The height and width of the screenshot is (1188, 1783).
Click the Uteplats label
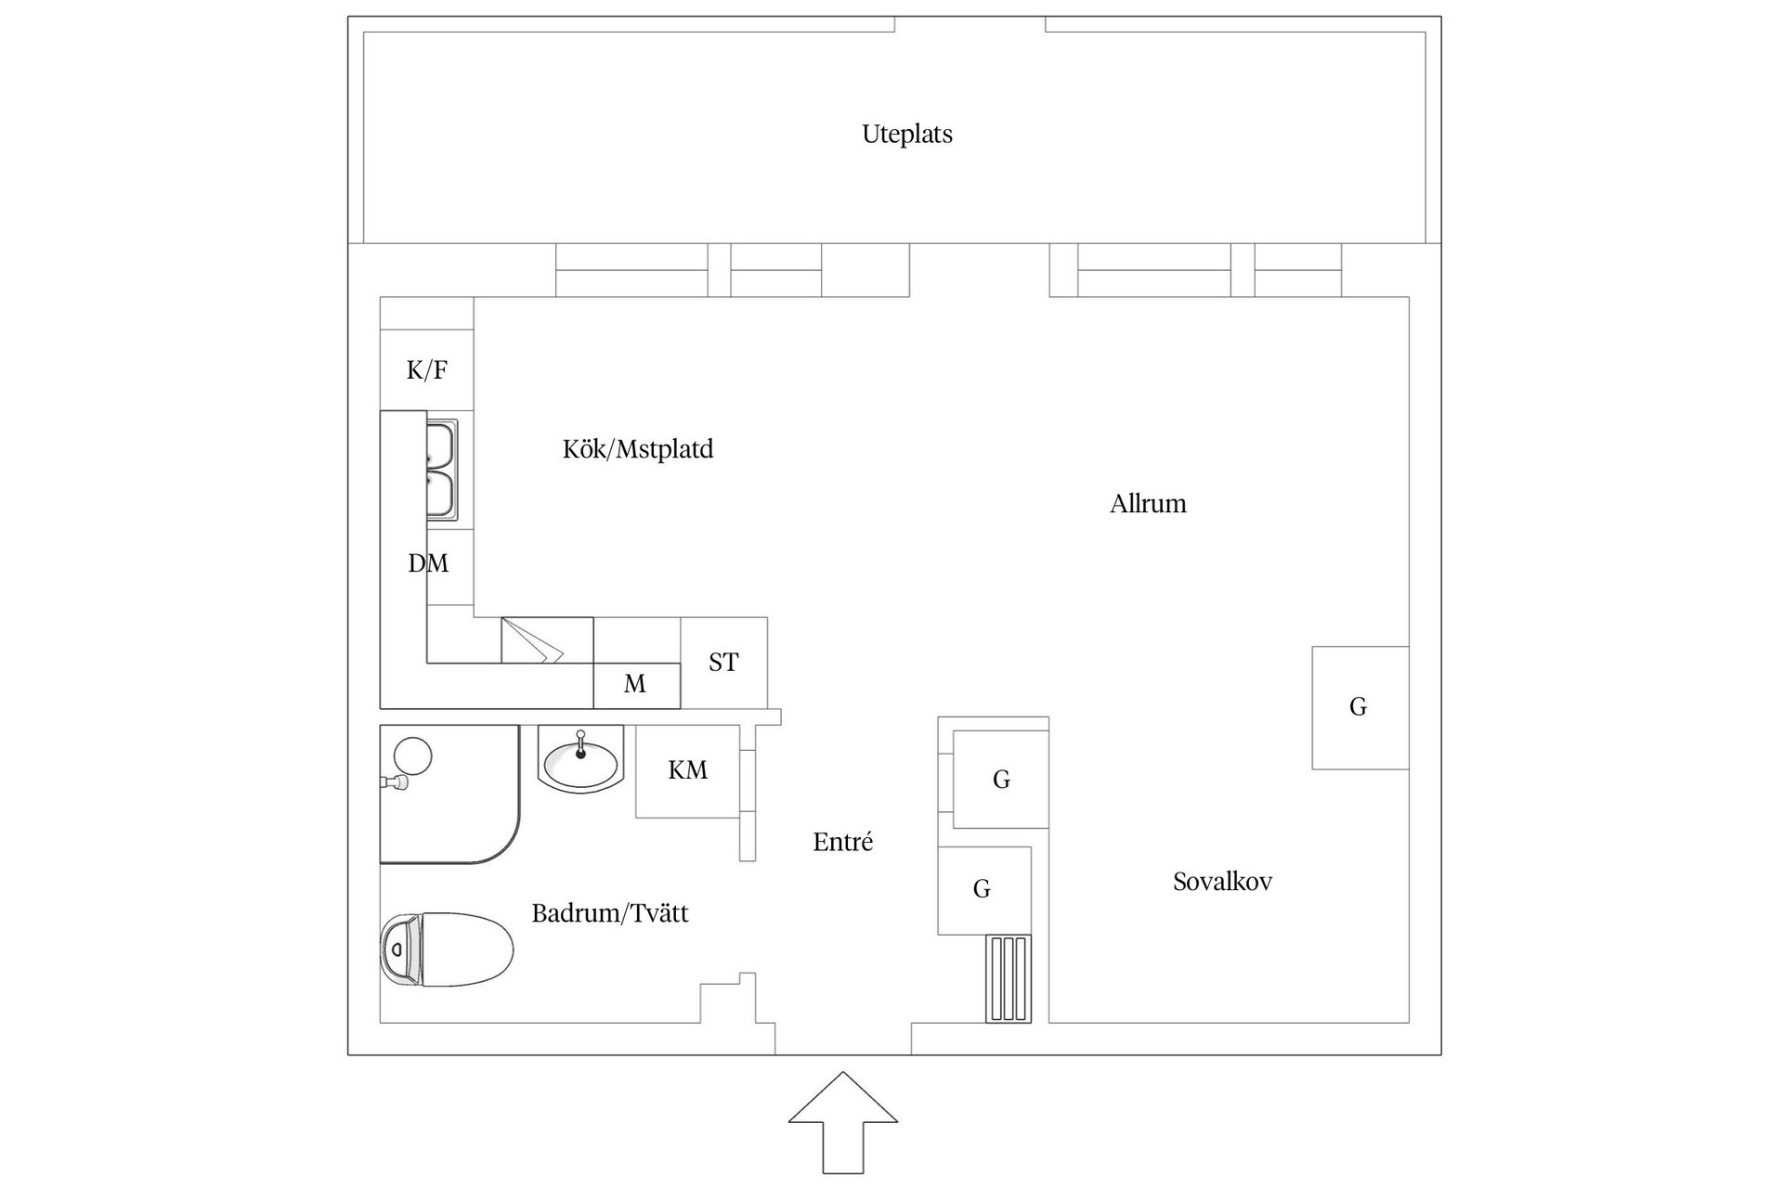[906, 135]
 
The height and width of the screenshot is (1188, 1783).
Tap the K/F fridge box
[427, 370]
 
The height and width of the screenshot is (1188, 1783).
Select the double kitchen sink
[441, 470]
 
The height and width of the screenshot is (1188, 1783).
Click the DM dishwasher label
[428, 563]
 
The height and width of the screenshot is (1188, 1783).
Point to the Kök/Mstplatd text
[638, 449]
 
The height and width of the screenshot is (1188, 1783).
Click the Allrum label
[1148, 504]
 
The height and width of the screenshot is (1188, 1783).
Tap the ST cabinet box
[724, 662]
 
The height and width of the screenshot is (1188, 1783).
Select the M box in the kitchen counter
[636, 685]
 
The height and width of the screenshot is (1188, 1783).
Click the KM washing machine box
[687, 770]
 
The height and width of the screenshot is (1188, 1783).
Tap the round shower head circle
[412, 755]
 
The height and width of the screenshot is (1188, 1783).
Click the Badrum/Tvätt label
[609, 913]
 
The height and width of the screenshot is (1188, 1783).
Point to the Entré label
[842, 842]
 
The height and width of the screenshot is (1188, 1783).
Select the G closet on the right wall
[1360, 707]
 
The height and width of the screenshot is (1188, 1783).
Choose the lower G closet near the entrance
[983, 889]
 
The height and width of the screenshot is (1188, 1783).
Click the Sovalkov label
[1222, 882]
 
